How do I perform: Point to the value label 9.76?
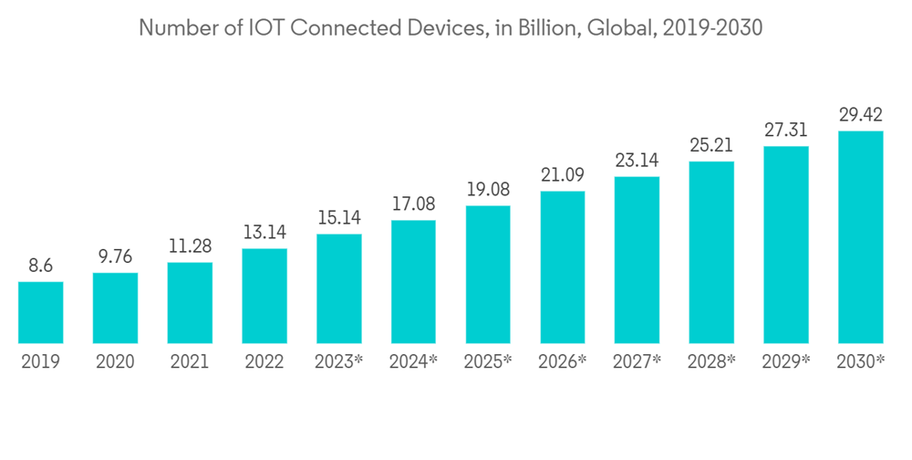[116, 257]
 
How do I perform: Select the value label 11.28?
[190, 247]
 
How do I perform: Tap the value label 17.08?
[413, 205]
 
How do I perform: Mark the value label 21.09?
[563, 175]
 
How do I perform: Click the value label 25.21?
[711, 146]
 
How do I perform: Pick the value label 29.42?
[861, 116]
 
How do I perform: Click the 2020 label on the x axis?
[116, 362]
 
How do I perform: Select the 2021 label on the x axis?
[190, 362]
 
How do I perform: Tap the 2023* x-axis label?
[339, 362]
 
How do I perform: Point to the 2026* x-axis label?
[563, 362]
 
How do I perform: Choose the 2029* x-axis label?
[786, 362]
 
